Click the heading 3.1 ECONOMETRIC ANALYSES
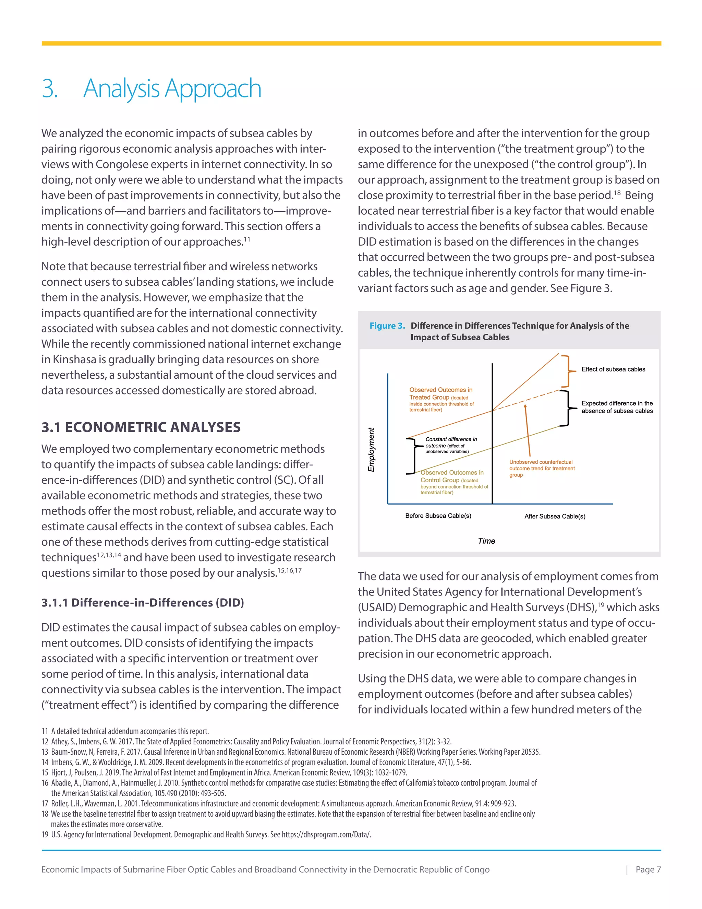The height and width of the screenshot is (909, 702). tap(141, 427)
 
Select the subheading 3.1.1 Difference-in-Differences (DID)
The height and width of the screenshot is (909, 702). tap(142, 603)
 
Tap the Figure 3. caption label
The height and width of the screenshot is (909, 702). tap(387, 326)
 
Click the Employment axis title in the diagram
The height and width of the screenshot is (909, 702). tap(371, 449)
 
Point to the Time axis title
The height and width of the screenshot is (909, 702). tap(486, 541)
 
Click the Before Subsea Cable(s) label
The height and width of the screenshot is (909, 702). tap(438, 516)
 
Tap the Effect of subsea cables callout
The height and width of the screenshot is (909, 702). tap(613, 369)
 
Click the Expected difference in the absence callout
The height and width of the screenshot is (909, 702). tap(617, 407)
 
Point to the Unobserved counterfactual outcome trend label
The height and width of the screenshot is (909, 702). tap(542, 468)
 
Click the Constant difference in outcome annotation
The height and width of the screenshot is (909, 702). tap(450, 445)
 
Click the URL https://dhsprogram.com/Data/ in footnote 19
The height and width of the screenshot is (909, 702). tap(326, 835)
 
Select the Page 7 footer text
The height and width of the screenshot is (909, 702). tap(648, 870)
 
